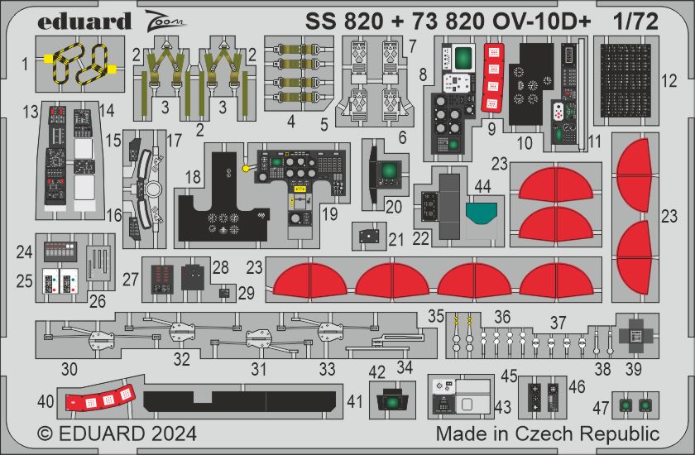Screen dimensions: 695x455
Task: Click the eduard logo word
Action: (x=84, y=22)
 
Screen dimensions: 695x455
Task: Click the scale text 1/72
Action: (x=636, y=22)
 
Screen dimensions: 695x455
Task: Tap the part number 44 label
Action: (x=482, y=186)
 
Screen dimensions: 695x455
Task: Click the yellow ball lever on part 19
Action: (x=245, y=169)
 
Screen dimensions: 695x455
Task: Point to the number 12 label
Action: (x=669, y=81)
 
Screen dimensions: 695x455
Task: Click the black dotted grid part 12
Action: (x=625, y=80)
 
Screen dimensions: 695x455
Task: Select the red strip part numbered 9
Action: (x=493, y=78)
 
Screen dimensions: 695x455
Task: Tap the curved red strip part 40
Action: (x=100, y=398)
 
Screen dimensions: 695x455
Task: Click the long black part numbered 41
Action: (x=240, y=401)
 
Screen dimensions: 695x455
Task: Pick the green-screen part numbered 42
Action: (x=392, y=400)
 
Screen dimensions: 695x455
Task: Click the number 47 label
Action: (x=601, y=407)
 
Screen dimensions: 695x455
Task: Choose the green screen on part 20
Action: (x=390, y=171)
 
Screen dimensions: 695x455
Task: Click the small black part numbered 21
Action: (x=369, y=237)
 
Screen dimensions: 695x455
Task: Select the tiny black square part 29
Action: (x=225, y=293)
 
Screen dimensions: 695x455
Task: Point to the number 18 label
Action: (x=193, y=177)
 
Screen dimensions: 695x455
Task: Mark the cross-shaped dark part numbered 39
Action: (x=636, y=335)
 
